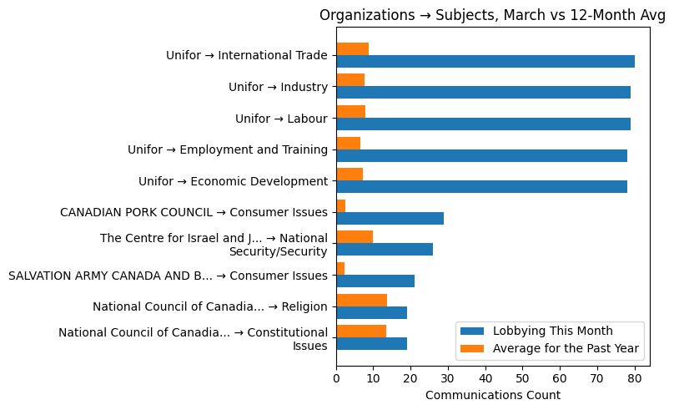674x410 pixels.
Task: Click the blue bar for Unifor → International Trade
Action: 485,61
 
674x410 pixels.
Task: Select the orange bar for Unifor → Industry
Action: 350,80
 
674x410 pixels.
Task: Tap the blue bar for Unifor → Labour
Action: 483,124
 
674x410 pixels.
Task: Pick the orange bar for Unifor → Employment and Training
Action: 348,143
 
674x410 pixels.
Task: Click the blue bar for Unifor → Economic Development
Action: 481,186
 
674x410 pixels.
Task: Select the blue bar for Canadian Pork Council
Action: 390,218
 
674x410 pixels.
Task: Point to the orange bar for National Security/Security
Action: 355,237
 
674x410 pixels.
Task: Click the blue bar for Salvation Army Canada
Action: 375,281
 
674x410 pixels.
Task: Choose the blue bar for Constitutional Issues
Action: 371,343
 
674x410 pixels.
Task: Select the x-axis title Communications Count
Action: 492,395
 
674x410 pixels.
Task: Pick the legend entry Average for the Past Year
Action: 566,348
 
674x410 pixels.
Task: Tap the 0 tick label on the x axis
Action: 336,378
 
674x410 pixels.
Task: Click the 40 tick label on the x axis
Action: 485,378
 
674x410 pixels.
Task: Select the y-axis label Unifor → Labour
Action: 281,119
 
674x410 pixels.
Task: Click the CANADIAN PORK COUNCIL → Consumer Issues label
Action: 194,212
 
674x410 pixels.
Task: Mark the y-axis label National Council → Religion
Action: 209,306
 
